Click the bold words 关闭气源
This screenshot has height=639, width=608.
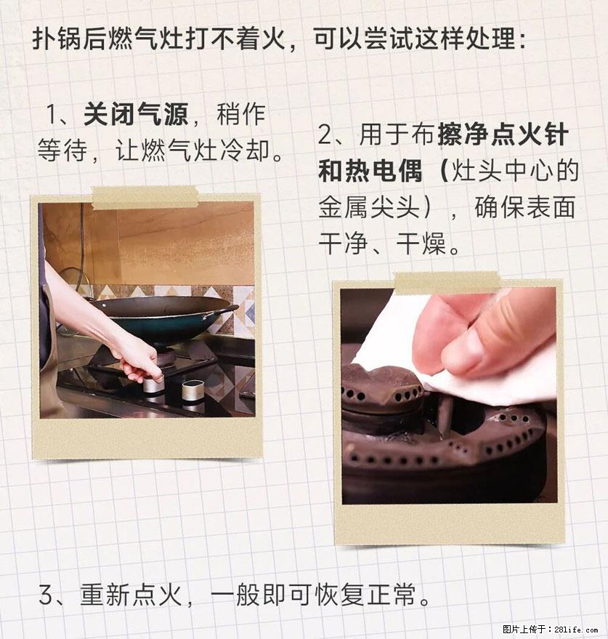(x=136, y=114)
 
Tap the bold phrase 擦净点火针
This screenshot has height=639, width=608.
(x=502, y=135)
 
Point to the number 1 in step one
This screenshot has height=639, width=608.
(x=53, y=114)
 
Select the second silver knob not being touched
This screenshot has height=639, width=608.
(x=192, y=393)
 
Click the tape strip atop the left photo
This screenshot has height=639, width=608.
(x=145, y=196)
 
